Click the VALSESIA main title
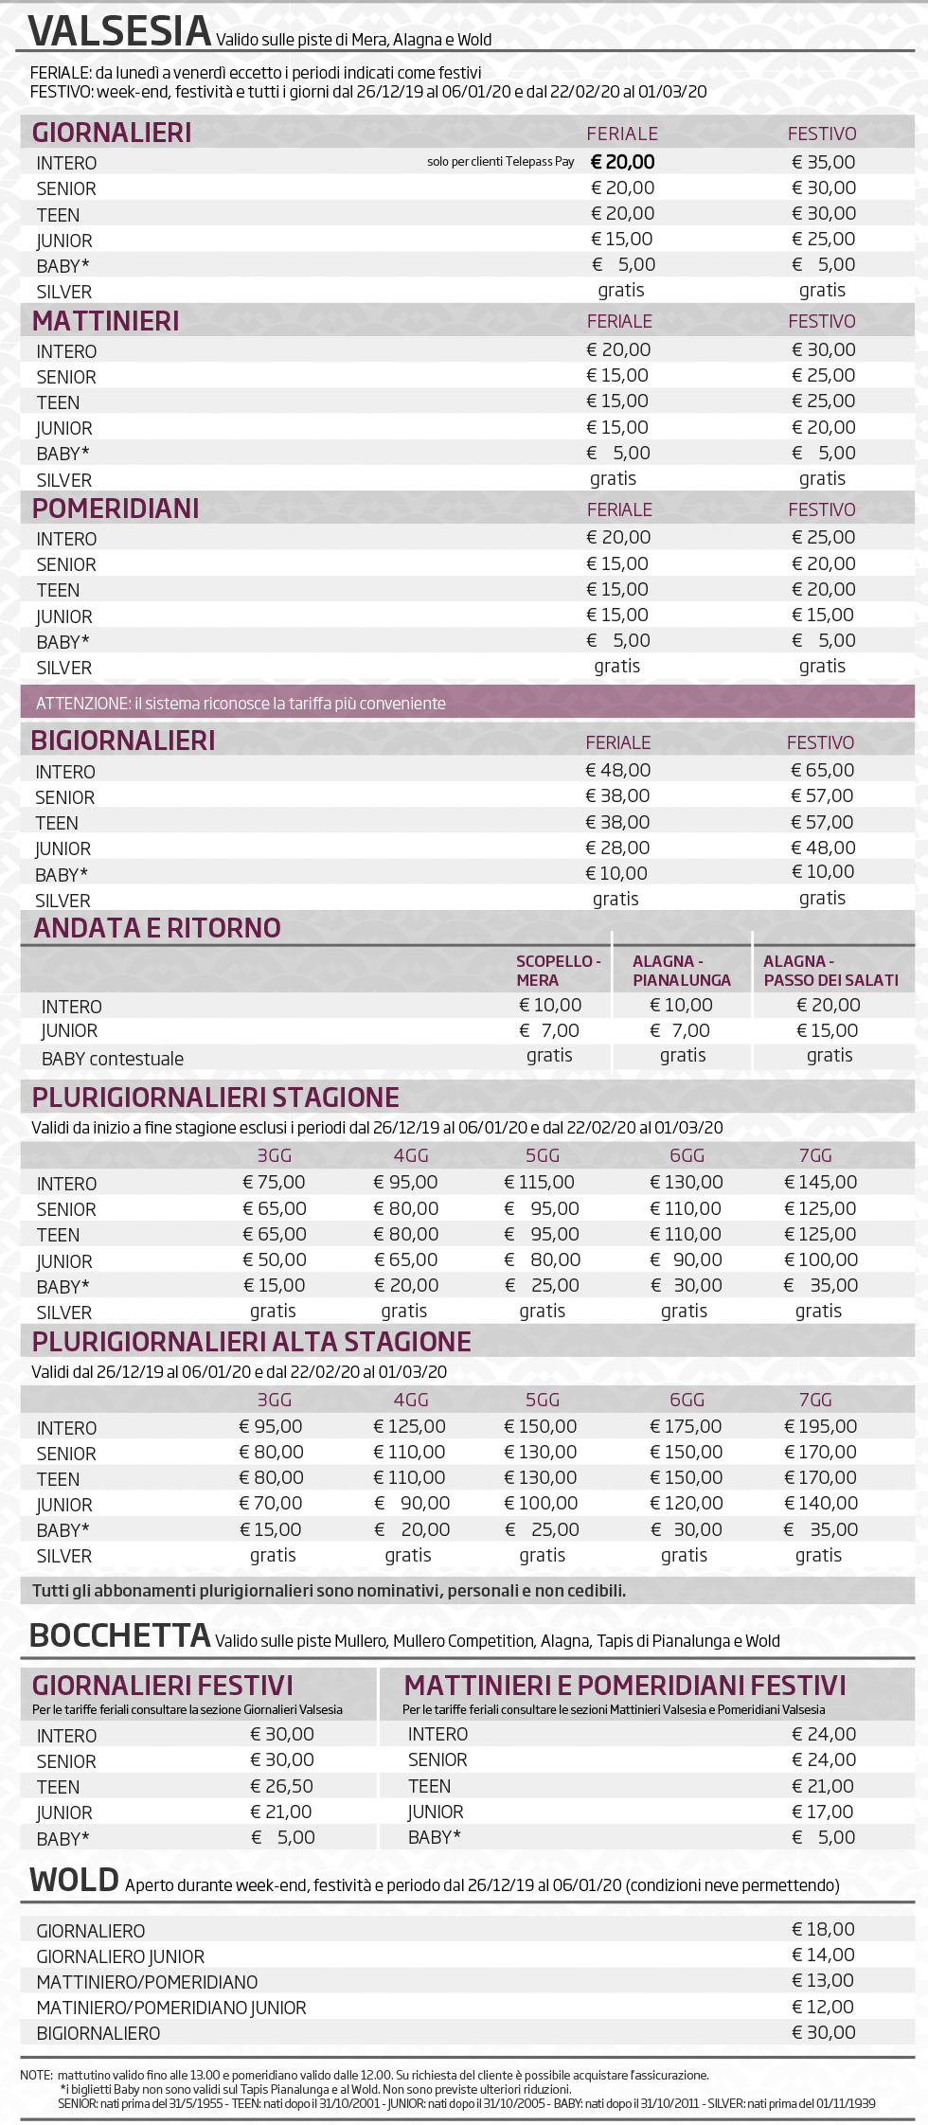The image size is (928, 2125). tap(119, 31)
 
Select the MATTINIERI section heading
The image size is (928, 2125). tap(105, 321)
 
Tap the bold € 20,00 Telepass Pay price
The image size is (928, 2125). tap(622, 162)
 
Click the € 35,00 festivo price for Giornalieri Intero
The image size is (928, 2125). tap(823, 162)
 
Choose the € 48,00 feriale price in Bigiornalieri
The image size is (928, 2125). tap(617, 770)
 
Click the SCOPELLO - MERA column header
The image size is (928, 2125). tap(558, 971)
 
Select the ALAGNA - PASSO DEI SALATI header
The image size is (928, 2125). tap(830, 971)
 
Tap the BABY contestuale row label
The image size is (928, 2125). tap(113, 1059)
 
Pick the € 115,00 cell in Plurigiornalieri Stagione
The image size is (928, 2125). tap(539, 1182)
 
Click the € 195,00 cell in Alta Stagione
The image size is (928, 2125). tap(820, 1426)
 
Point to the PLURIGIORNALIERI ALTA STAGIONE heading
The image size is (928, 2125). tap(251, 1342)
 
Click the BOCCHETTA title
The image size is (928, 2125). tap(119, 1635)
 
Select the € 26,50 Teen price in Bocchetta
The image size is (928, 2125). tap(281, 1786)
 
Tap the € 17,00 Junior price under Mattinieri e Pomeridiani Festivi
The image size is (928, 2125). tap(823, 1812)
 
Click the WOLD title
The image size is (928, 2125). tap(74, 1880)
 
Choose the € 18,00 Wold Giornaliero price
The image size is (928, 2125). tap(823, 1929)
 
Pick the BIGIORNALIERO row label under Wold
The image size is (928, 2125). tap(98, 2033)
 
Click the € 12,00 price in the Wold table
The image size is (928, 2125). tap(823, 2007)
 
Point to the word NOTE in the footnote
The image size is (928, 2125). tap(36, 2075)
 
